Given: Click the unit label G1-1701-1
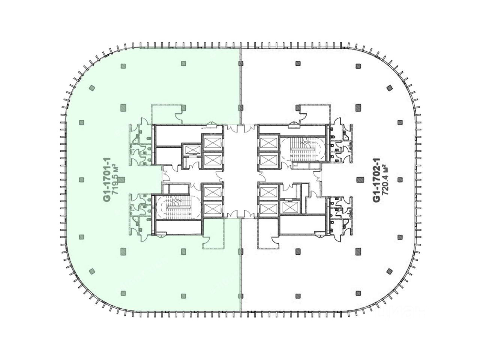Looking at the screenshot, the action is [107, 179].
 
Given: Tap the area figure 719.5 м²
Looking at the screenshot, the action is [115, 179].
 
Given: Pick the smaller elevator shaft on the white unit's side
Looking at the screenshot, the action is [289, 207].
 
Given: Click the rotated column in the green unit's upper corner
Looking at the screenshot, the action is [92, 88].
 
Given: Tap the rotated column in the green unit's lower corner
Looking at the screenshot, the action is [92, 271].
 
